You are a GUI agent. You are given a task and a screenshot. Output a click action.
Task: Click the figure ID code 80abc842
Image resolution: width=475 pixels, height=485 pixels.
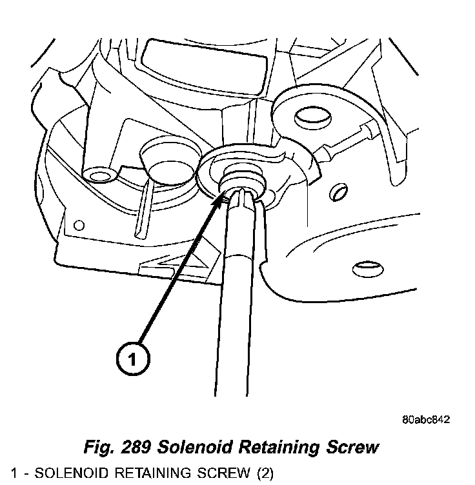(425, 419)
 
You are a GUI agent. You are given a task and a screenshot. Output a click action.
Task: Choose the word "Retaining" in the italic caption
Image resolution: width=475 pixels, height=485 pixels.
(278, 446)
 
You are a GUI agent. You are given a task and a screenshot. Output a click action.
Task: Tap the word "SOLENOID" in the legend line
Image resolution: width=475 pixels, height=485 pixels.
(66, 474)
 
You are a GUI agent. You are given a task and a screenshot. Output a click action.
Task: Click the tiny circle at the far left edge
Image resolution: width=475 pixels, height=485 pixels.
(79, 225)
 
